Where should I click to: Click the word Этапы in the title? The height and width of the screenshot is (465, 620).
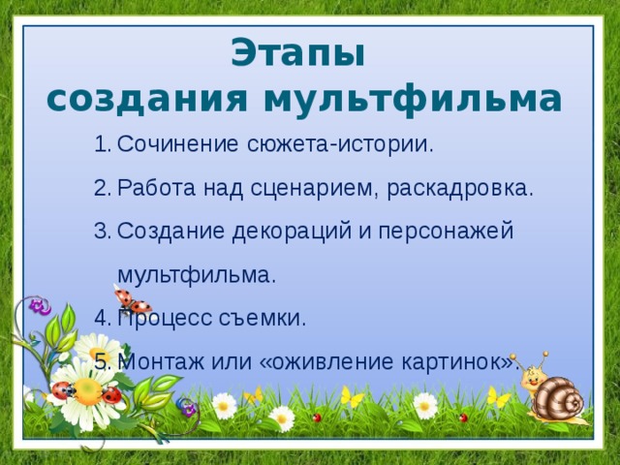click(x=299, y=53)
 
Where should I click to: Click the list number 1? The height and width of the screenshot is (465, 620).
click(x=100, y=145)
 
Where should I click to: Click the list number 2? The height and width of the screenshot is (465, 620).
click(x=100, y=188)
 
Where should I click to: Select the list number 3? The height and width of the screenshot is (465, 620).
click(x=100, y=232)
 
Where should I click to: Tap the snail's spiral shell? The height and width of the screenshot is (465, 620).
click(x=559, y=398)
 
